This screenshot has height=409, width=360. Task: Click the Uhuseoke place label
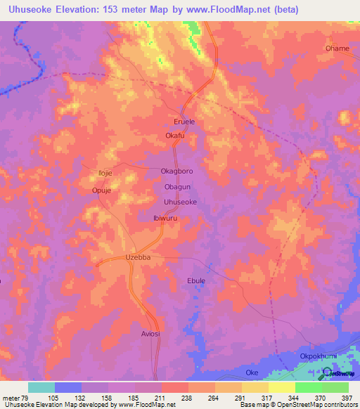click(180, 202)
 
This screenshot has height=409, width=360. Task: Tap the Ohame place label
click(337, 48)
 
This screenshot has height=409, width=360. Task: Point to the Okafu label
click(174, 136)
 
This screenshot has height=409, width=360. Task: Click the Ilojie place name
click(104, 172)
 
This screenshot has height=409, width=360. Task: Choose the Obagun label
click(177, 187)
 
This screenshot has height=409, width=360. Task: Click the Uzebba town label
click(139, 258)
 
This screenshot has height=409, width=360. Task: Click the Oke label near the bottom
click(252, 372)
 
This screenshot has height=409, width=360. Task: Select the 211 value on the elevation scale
click(161, 397)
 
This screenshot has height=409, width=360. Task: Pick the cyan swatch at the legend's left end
click(41, 387)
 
